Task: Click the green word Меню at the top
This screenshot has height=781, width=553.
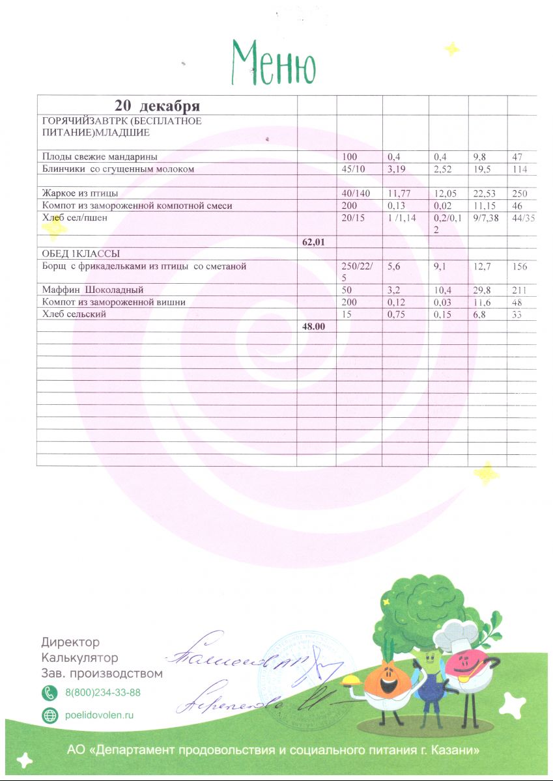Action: click(x=274, y=62)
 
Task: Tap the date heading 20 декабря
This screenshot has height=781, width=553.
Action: click(x=157, y=105)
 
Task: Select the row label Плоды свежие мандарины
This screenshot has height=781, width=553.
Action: click(x=100, y=157)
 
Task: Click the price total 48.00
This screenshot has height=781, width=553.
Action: click(x=314, y=327)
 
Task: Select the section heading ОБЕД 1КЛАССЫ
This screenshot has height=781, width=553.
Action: click(x=81, y=253)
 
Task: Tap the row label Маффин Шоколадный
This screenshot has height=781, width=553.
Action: click(x=92, y=290)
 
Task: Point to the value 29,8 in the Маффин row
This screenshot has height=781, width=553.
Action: click(x=482, y=290)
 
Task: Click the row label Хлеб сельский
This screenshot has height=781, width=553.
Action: click(x=74, y=314)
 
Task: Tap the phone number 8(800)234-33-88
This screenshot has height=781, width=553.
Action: click(x=103, y=692)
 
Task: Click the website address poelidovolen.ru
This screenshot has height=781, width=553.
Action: click(x=100, y=715)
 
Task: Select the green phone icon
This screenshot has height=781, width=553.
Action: click(x=50, y=692)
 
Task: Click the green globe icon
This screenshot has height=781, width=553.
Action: click(x=50, y=715)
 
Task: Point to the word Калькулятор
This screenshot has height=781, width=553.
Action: click(x=79, y=658)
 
